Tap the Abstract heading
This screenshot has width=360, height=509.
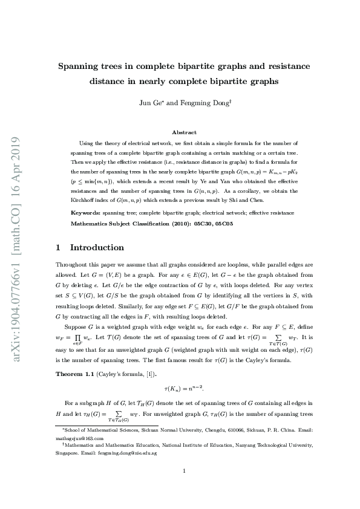tap(184, 132)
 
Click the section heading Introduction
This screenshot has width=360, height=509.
tap(97, 247)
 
